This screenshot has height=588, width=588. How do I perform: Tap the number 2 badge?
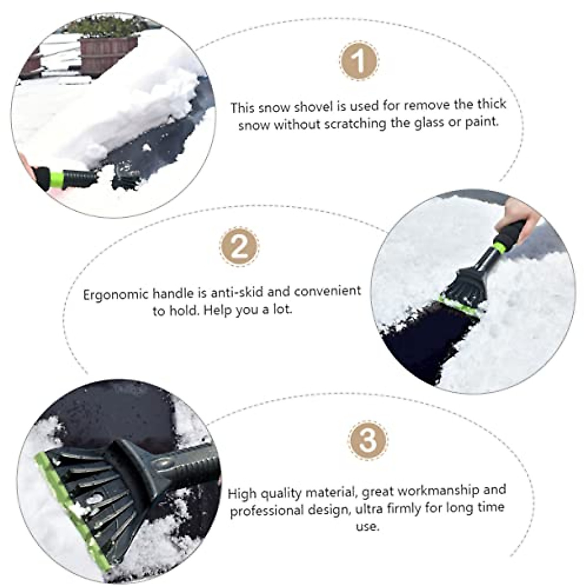pos(240,247)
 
